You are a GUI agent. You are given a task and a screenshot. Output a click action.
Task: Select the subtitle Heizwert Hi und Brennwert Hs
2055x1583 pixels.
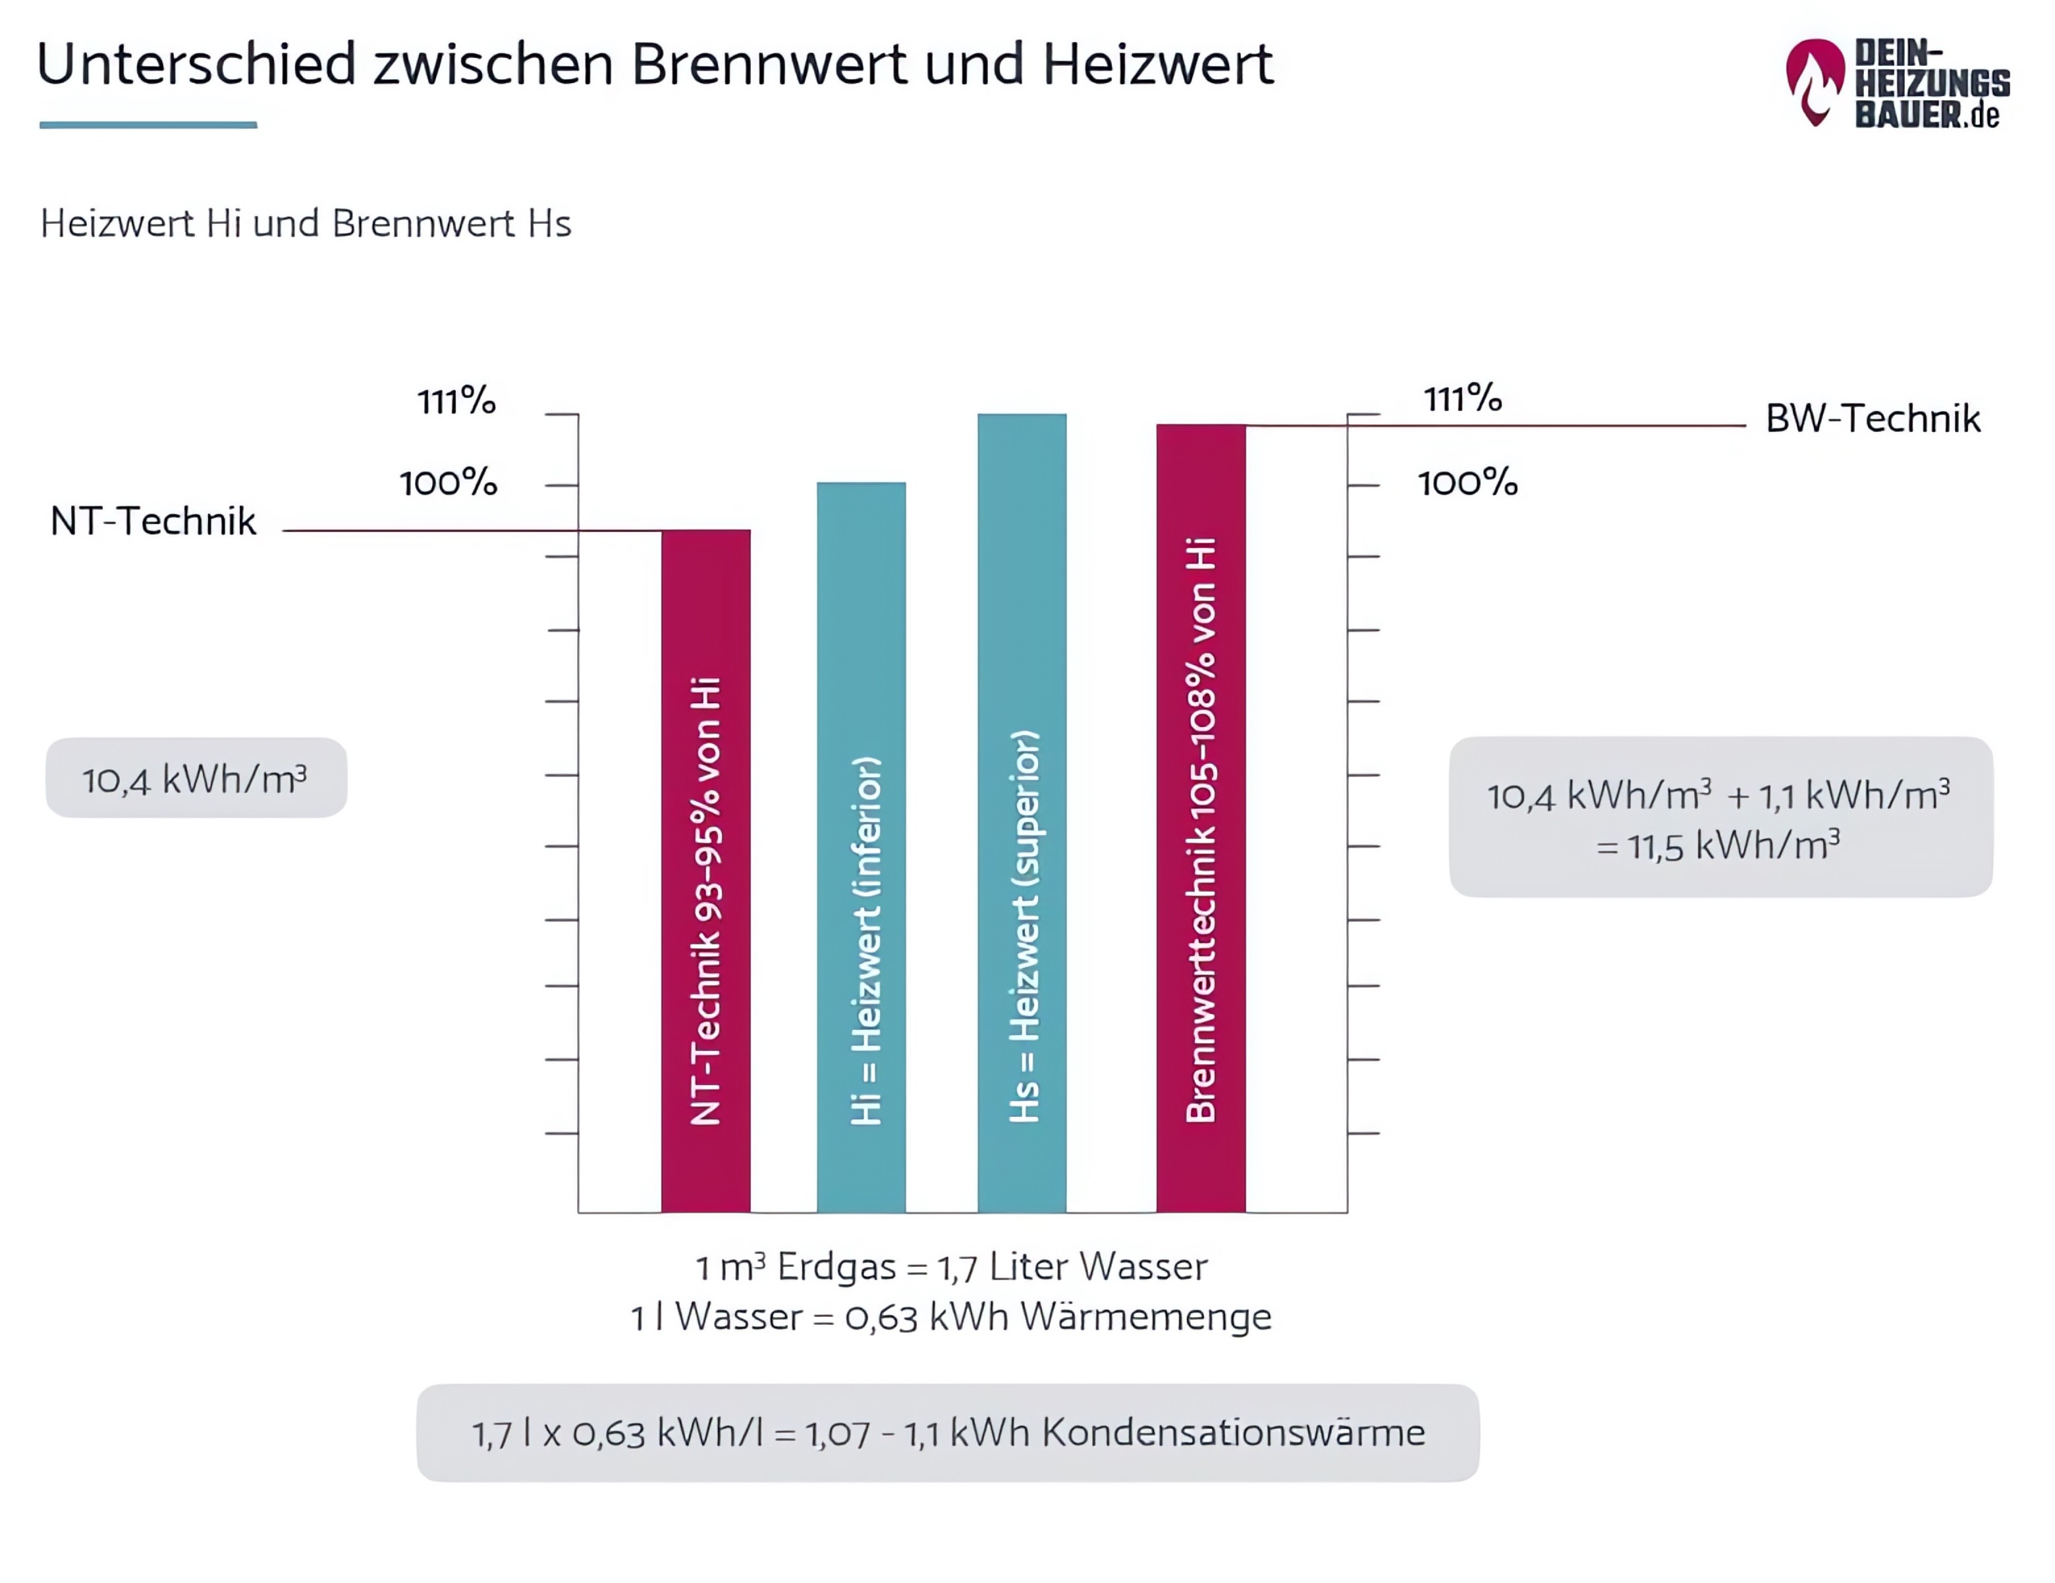(x=305, y=224)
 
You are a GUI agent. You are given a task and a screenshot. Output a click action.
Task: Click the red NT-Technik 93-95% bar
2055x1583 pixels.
(x=705, y=870)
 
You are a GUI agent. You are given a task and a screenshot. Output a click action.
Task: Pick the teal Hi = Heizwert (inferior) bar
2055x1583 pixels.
(x=861, y=847)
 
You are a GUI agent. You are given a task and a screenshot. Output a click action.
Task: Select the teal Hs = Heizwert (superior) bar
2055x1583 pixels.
(x=1022, y=814)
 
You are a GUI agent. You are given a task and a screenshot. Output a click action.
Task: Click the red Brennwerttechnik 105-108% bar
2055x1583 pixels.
(x=1201, y=818)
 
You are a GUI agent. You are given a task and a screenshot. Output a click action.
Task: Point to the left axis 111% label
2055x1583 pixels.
(x=456, y=402)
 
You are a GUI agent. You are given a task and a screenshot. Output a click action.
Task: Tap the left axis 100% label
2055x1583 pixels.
(x=448, y=483)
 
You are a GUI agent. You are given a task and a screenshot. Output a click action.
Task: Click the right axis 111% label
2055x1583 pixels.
(x=1462, y=399)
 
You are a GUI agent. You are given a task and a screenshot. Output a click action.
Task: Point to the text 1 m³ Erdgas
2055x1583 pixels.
(x=795, y=1267)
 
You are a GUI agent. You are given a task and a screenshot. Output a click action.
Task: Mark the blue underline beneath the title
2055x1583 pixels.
(x=148, y=124)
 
